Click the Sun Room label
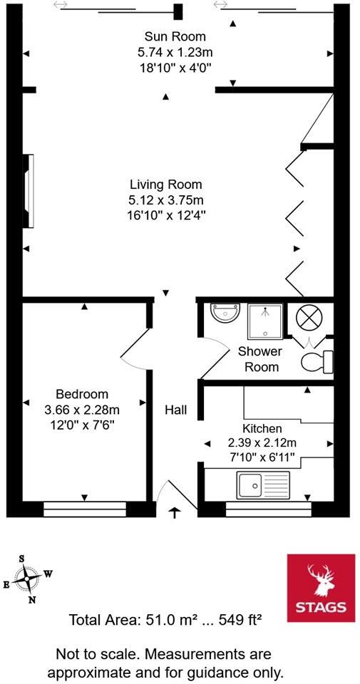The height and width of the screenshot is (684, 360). [175, 36]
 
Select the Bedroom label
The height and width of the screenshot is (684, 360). [82, 394]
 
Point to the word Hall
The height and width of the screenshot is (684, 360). [175, 410]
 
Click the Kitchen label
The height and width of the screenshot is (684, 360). [262, 428]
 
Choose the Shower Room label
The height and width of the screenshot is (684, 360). [259, 359]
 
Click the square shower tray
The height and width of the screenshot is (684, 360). [265, 321]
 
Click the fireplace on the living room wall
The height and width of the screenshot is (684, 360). [29, 191]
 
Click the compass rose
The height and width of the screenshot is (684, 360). [27, 578]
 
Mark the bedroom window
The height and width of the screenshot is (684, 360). [85, 509]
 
